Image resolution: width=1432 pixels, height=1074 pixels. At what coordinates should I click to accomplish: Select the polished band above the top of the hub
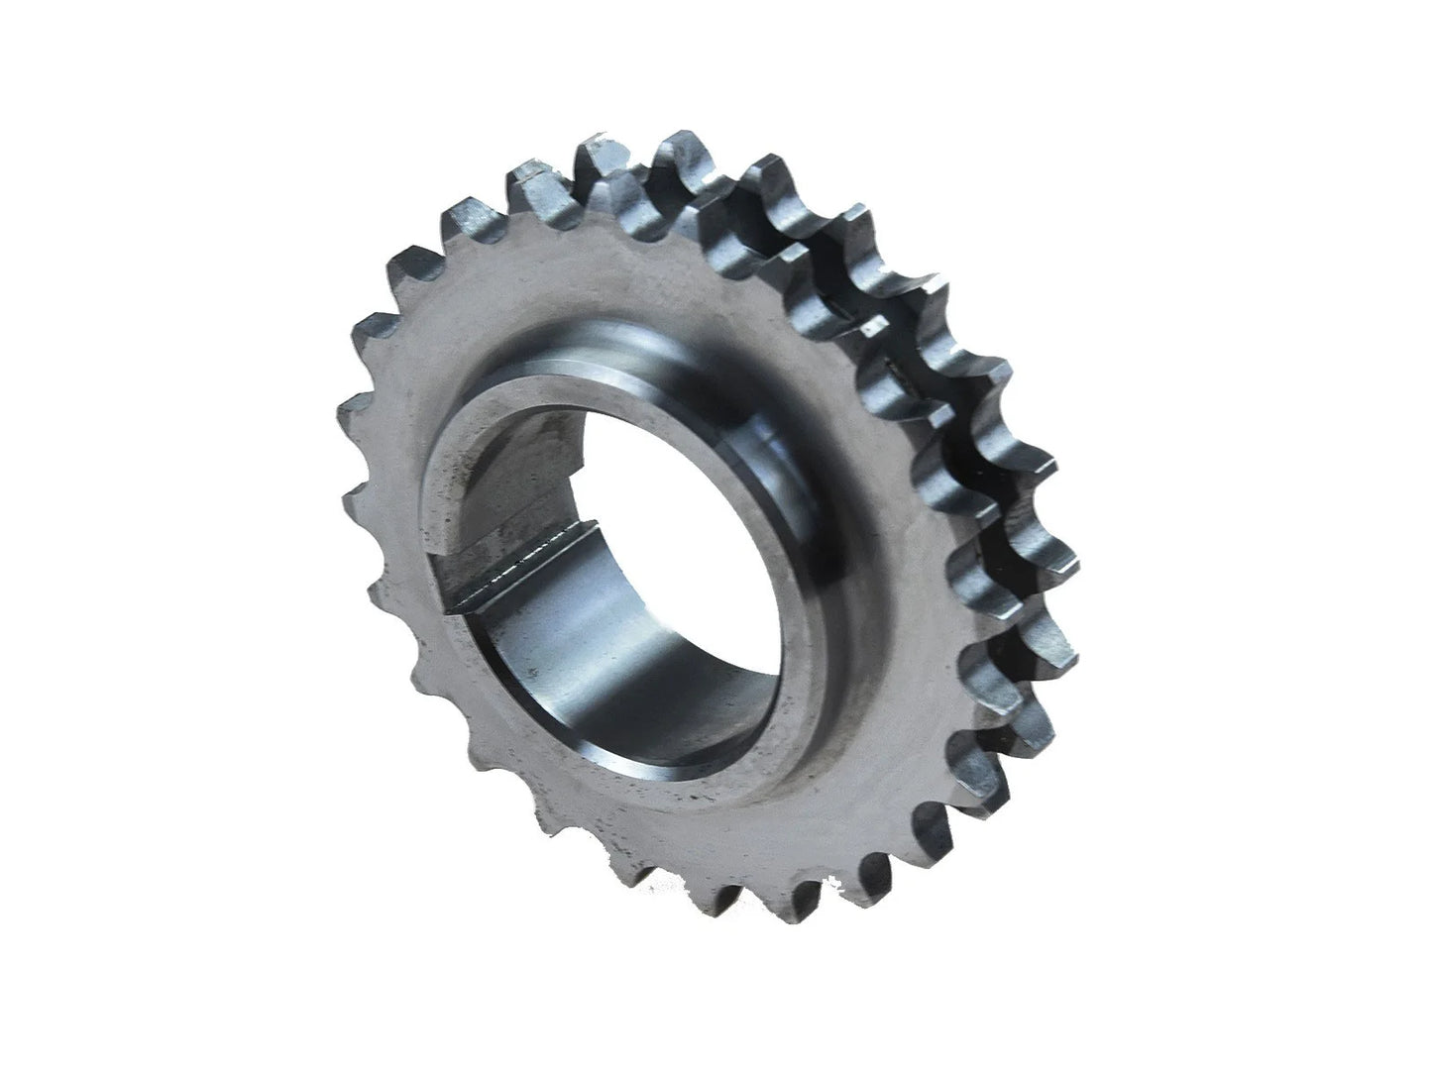(614, 337)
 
